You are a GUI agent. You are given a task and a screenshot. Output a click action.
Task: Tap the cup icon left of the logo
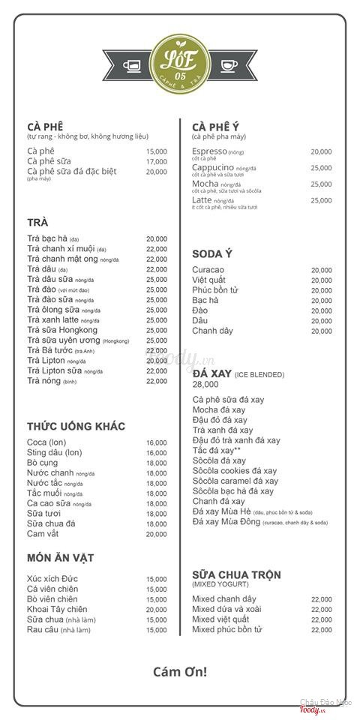coord(132,66)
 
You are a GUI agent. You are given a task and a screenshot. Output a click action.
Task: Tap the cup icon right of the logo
coord(229,66)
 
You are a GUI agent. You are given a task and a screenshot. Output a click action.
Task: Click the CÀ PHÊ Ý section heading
coord(216,126)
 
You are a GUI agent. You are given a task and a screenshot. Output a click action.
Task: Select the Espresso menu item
coord(208,151)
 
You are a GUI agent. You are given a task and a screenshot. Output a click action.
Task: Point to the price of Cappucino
coord(321,168)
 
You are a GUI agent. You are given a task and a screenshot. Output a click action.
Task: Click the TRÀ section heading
coord(37,222)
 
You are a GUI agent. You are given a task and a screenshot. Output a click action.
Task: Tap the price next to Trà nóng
coord(157,381)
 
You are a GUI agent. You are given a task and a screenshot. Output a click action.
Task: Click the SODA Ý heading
coord(212,253)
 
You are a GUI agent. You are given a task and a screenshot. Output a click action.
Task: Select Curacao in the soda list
coord(208,270)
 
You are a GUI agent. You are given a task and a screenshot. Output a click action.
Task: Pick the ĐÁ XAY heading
coord(211,373)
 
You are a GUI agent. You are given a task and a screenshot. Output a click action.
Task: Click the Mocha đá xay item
coord(219,410)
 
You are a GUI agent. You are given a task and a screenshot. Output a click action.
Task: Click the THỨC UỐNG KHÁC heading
coord(76,426)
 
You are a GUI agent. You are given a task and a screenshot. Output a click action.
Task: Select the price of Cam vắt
coord(157,534)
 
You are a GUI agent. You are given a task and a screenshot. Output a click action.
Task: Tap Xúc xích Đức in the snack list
coord(52,579)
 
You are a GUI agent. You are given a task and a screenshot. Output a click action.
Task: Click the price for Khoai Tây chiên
coord(157,610)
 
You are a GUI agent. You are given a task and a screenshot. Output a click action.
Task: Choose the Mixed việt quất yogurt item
coord(220,619)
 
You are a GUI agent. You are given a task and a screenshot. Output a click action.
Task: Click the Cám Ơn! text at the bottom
coord(180,672)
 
